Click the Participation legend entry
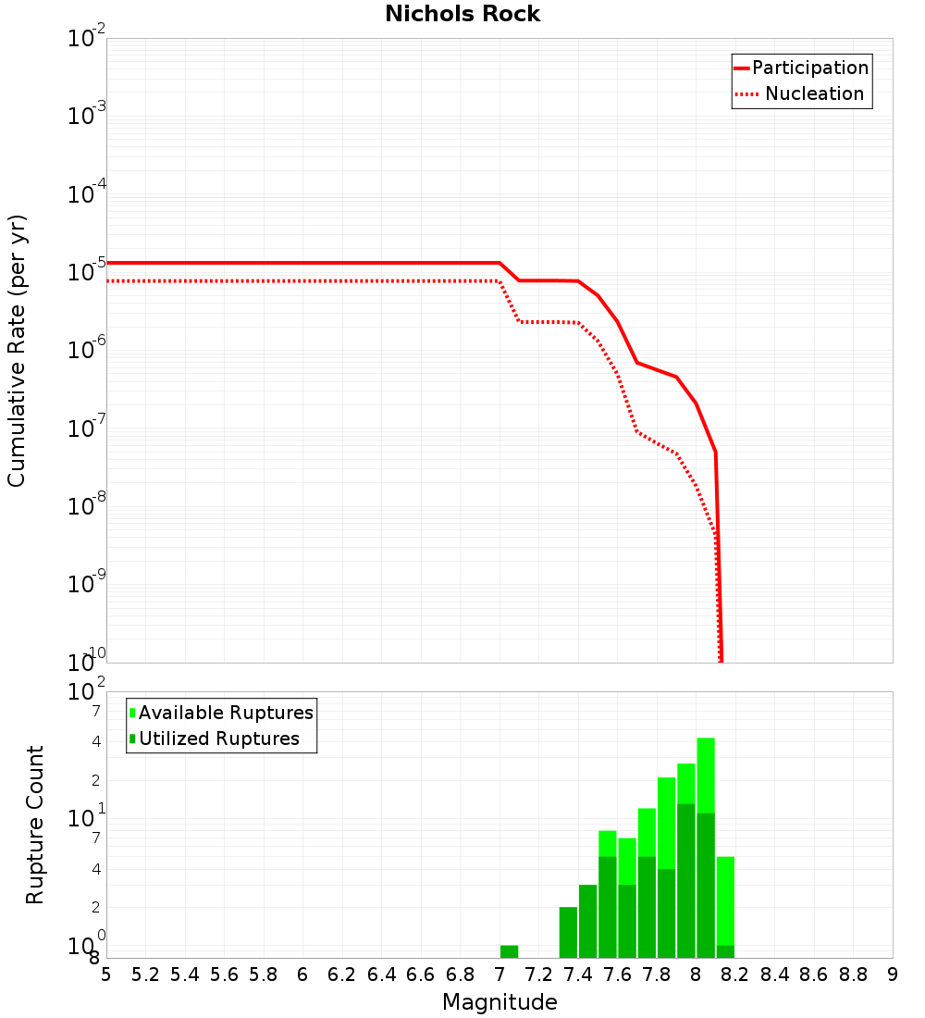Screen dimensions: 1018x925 809,68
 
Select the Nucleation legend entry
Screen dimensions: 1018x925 814,93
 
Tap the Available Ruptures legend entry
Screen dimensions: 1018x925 226,713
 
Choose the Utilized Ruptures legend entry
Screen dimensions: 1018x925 218,739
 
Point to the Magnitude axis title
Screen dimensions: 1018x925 499,1002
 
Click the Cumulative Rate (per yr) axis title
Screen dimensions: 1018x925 17,350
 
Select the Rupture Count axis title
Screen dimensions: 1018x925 35,824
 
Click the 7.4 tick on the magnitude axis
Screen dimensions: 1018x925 578,975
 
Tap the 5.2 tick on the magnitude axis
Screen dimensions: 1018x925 146,975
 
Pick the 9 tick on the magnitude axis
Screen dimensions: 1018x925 893,975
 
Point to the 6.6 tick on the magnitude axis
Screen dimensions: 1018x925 421,975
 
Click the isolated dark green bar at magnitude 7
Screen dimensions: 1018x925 509,951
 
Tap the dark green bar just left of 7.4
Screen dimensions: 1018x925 568,932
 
